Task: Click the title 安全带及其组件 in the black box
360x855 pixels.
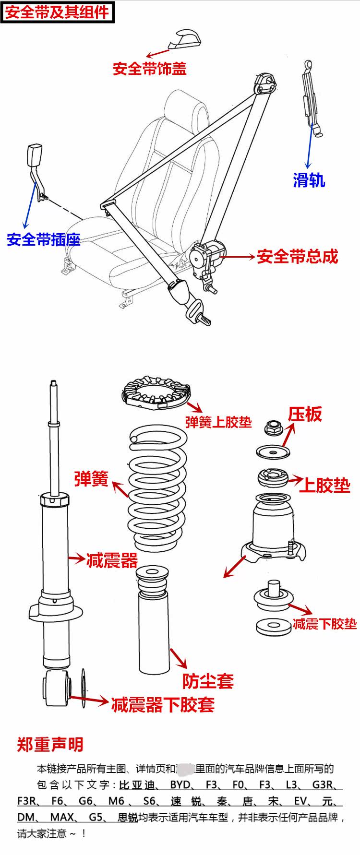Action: tap(57, 12)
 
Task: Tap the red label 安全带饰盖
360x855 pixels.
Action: tap(149, 69)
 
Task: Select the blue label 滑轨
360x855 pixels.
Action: tap(309, 180)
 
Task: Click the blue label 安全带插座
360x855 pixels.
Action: tap(43, 239)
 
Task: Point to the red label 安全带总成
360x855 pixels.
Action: tap(297, 256)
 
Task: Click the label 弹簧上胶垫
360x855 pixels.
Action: tap(218, 422)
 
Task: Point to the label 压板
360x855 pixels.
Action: tap(305, 414)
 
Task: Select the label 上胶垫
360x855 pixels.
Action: tap(324, 486)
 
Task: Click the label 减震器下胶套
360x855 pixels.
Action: tap(163, 704)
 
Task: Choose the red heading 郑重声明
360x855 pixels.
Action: tap(50, 745)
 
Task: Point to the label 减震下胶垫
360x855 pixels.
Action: tap(324, 623)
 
